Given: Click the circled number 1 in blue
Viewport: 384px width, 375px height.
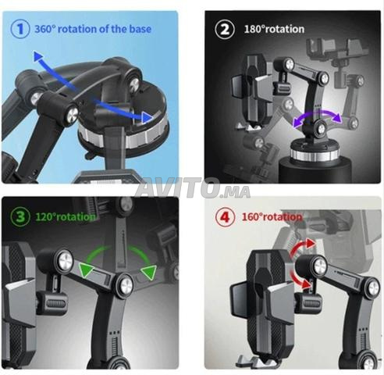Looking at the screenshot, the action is pyautogui.click(x=20, y=29).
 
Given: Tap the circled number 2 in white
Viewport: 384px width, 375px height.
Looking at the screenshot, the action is pyautogui.click(x=225, y=29).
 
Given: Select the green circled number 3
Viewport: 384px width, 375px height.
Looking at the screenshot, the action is pyautogui.click(x=20, y=216).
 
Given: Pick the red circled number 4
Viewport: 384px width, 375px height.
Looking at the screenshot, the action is pyautogui.click(x=226, y=216).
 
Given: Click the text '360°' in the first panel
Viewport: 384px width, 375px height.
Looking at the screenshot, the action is pyautogui.click(x=45, y=29).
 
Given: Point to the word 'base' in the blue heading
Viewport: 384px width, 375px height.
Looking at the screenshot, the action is pyautogui.click(x=140, y=29).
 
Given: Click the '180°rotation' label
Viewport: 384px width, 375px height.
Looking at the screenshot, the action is pyautogui.click(x=274, y=29).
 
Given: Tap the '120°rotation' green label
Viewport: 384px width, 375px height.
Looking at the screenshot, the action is pyautogui.click(x=66, y=216).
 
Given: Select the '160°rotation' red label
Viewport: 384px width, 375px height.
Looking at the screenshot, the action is pyautogui.click(x=272, y=216).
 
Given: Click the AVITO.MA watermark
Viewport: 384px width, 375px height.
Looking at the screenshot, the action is pyautogui.click(x=193, y=187).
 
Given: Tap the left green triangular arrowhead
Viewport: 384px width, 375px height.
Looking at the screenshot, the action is pyautogui.click(x=86, y=270).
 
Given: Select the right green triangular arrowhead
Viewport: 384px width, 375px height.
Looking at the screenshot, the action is pyautogui.click(x=149, y=272).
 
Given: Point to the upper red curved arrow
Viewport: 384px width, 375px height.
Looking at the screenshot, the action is pyautogui.click(x=303, y=247).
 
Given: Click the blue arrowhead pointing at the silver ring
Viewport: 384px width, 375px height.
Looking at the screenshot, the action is pyautogui.click(x=148, y=118).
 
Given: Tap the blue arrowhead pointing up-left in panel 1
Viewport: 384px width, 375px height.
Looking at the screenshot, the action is pyautogui.click(x=38, y=56).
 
